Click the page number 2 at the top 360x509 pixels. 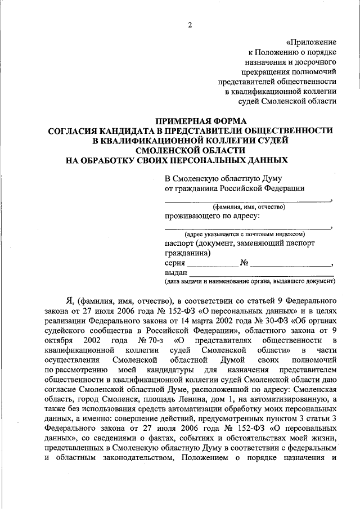[x=190, y=25]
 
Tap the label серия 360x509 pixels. [x=175, y=263]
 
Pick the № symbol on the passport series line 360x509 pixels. [x=244, y=263]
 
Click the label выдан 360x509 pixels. [x=176, y=272]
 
